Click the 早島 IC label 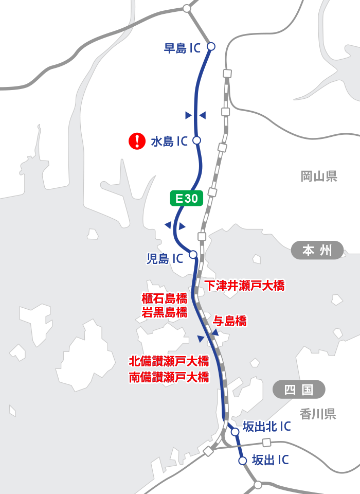coord(182,48)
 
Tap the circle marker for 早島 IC coord(210,46)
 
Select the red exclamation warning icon coord(137,141)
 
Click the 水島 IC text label coord(169,142)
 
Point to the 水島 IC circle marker coord(196,140)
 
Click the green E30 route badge coord(187,199)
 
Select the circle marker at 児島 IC coord(193,254)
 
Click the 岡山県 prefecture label coord(319,177)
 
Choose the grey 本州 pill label coord(317,251)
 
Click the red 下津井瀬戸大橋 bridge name coord(244,285)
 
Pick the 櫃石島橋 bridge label coord(164,298)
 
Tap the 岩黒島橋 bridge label coord(164,312)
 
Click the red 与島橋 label coord(229,322)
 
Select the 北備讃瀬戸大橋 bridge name coord(169,361)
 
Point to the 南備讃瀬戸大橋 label coord(169,377)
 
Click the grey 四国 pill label coord(299,390)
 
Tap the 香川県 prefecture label coord(318,414)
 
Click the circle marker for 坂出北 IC coord(235,432)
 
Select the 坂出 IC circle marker coord(243,461)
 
